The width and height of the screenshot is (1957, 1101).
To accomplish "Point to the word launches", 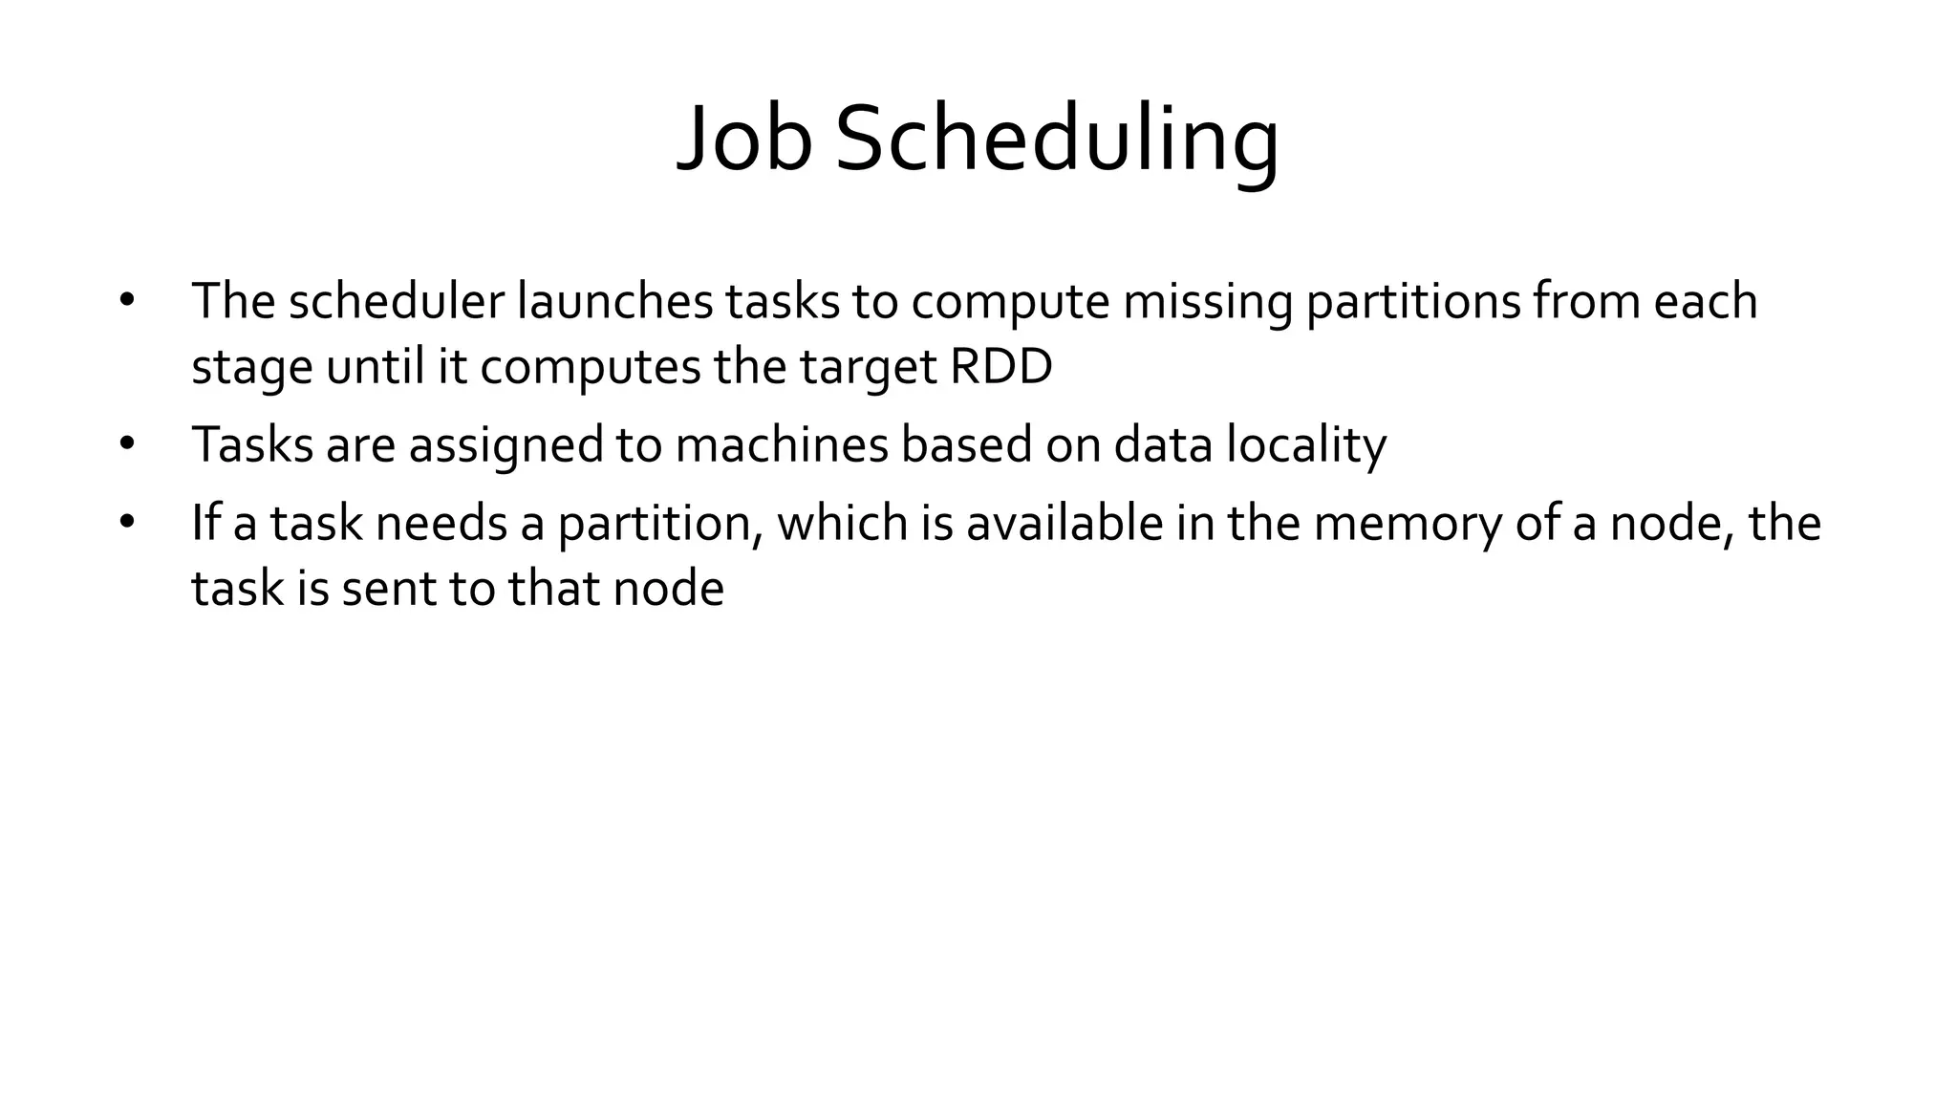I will (614, 301).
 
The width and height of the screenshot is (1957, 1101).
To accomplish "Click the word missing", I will (1207, 301).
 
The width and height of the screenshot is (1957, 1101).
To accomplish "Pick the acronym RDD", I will (1000, 367).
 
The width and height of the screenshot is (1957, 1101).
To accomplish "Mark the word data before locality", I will (1164, 445).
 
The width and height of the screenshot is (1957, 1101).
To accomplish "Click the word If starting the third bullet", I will (205, 523).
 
